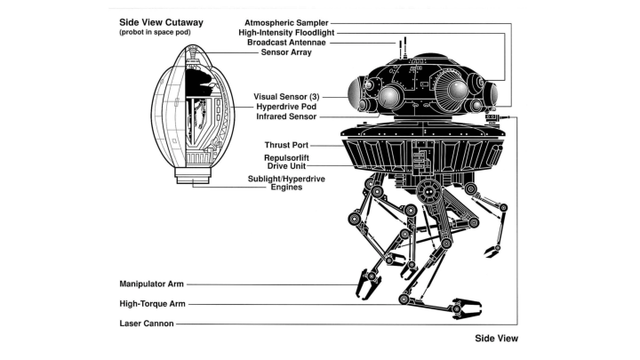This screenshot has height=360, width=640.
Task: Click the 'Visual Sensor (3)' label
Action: (x=287, y=95)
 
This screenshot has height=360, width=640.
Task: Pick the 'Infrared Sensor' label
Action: (x=286, y=116)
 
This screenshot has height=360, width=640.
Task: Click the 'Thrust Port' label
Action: (x=285, y=144)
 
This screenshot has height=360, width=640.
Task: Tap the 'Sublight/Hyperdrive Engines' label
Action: (x=286, y=182)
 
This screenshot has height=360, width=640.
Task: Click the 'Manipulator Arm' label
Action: (x=151, y=284)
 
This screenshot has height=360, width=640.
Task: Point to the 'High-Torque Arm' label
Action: (x=151, y=304)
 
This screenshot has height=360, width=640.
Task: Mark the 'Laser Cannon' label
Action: (x=146, y=324)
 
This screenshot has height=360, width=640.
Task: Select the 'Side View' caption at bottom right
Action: (x=496, y=339)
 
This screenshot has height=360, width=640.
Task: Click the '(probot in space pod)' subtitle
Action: (x=151, y=33)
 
